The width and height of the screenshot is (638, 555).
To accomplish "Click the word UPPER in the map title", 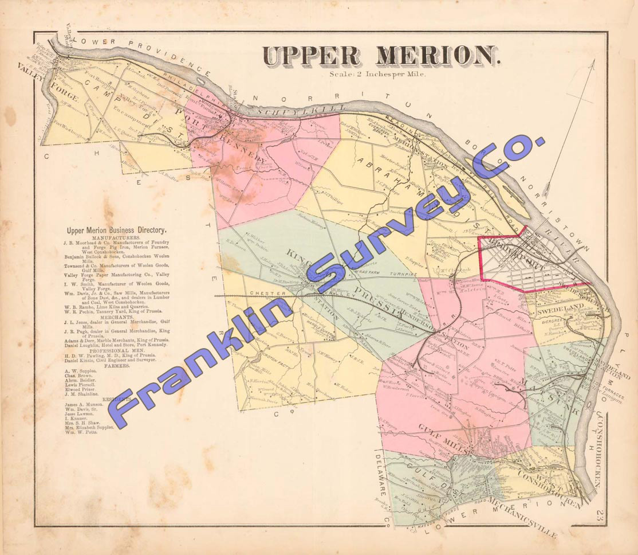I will pyautogui.click(x=312, y=56).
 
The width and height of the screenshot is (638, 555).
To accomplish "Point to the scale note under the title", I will pyautogui.click(x=378, y=73).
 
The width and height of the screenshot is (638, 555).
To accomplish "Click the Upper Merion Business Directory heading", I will pyautogui.click(x=117, y=230).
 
